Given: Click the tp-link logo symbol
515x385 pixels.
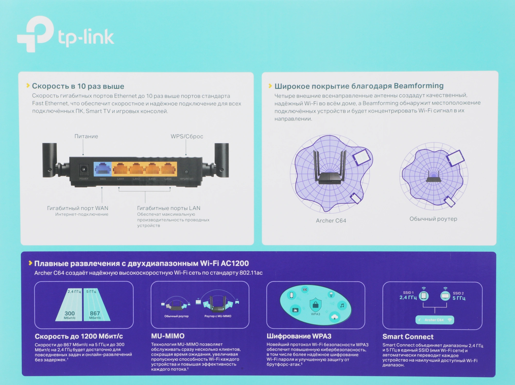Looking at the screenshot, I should [x=36, y=33].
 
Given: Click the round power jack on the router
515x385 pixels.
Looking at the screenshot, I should [x=83, y=169].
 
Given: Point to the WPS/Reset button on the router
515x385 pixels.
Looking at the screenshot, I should [x=187, y=172].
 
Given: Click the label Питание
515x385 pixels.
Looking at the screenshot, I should [x=86, y=136].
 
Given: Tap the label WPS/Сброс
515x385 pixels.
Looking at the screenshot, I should [x=187, y=136].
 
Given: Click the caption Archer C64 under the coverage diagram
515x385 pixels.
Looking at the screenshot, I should [x=331, y=221].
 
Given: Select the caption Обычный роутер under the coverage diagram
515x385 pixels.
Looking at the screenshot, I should [x=433, y=219].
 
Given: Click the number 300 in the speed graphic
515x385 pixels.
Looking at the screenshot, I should [x=70, y=313].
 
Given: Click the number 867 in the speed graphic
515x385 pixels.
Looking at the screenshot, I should [x=95, y=313].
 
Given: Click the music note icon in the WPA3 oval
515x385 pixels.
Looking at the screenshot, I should [x=342, y=305].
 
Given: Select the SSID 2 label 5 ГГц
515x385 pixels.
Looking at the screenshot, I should [x=459, y=298].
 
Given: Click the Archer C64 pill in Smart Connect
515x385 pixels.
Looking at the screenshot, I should [x=434, y=320].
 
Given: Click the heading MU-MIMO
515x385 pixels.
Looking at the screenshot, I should [x=168, y=336].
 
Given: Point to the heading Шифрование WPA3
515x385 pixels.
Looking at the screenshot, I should [x=299, y=336].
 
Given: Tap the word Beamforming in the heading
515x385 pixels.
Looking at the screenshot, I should [x=418, y=86].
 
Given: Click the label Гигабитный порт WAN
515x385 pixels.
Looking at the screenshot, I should [x=78, y=208].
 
